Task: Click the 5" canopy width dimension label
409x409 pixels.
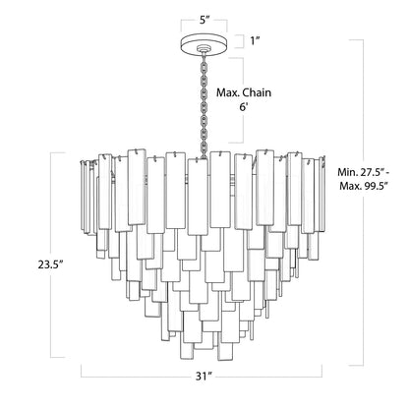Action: click(x=204, y=16)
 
